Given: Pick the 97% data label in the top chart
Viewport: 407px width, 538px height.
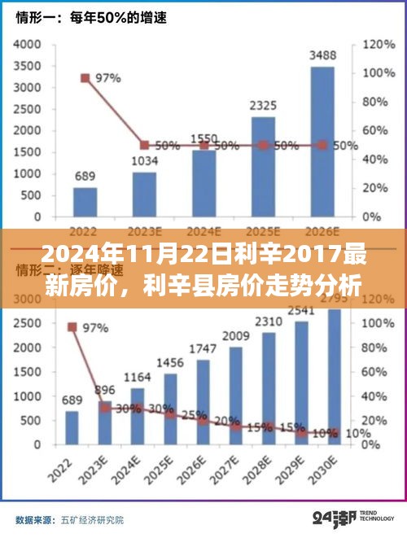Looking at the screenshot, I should [108, 78].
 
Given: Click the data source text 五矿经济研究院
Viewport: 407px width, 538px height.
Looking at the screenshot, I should [88, 518].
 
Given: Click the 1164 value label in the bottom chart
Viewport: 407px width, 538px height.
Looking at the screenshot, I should [137, 378].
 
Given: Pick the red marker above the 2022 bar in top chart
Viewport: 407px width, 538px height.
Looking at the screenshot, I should [85, 78].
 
